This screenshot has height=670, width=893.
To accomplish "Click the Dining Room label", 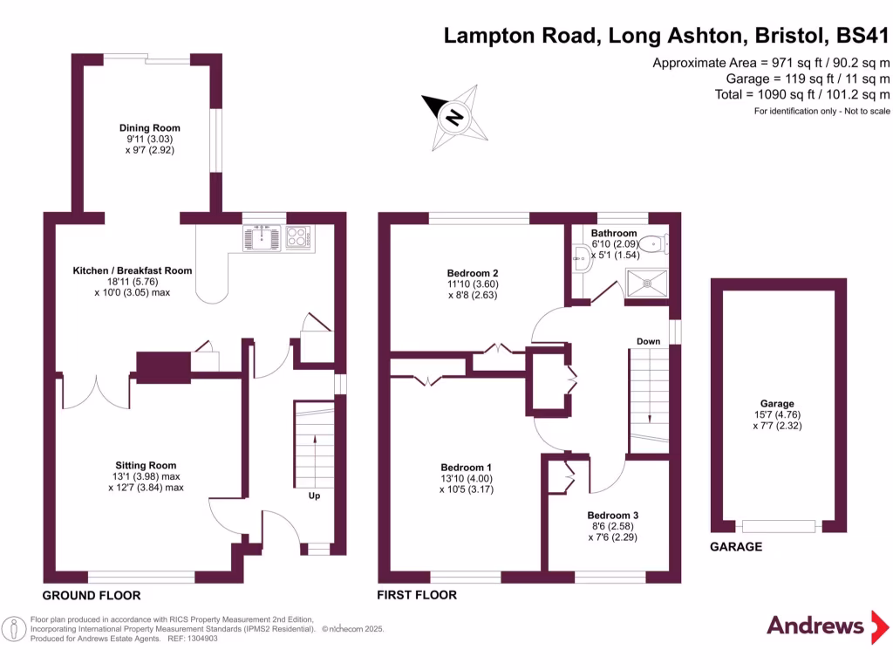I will pos(150,128).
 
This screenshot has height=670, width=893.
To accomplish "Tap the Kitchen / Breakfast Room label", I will pos(132,270).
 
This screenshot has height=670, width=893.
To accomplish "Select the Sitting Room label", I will pos(147,465).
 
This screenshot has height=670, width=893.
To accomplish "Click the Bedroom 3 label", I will pos(612,516).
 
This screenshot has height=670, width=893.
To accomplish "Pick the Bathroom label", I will pos(614,234).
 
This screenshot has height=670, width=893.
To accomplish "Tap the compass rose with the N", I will pos(454,114).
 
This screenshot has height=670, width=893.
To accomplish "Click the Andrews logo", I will pos(815,625).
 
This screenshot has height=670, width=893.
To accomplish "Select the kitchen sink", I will pos(261,237).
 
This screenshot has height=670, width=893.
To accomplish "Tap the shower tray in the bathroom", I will pos(648,281).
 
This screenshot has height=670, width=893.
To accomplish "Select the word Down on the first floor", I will pos(648,341).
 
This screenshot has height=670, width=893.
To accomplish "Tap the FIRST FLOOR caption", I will pos(417,596).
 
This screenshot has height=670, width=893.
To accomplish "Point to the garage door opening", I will pos(779,526).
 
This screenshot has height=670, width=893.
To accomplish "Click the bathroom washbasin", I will pos(582,256).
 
